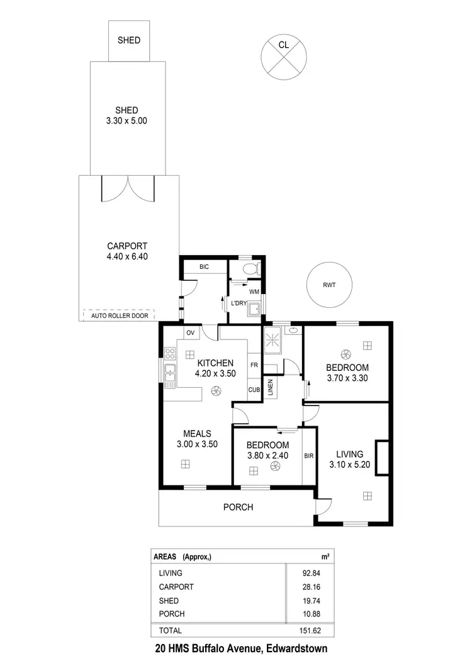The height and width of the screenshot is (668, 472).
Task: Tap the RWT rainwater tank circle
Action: coord(329,285)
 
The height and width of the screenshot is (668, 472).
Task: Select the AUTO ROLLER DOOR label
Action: coord(120,315)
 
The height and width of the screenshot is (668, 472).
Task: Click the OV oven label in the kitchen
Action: coord(189,332)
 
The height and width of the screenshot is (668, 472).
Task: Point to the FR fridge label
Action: coord(254,365)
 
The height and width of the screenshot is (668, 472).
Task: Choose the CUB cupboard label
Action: coord(254,390)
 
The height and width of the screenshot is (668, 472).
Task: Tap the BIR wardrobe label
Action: coord(308,455)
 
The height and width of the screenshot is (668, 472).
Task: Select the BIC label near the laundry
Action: coord(204,268)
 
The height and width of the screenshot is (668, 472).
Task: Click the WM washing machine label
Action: coord(254,292)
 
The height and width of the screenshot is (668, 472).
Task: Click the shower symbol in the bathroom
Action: coord(274,341)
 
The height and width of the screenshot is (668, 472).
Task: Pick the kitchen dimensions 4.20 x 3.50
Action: coord(216,373)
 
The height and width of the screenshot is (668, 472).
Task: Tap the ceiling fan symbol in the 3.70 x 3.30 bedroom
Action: coord(345,354)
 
